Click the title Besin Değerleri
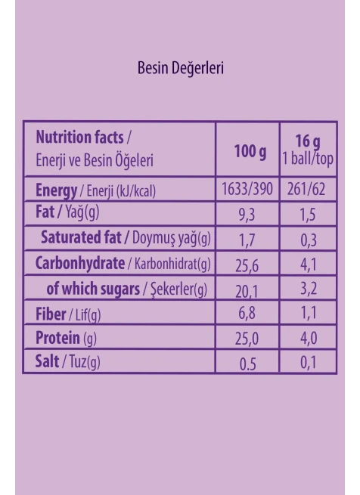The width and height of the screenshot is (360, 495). click(181, 68)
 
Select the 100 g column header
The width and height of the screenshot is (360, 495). click(250, 152)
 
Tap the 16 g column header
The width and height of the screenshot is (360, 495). click(308, 141)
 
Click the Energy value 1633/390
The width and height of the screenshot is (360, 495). click(247, 189)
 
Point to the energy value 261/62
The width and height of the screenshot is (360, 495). click(306, 189)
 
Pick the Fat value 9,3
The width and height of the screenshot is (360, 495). click(247, 215)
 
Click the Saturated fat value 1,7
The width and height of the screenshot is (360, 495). click(247, 240)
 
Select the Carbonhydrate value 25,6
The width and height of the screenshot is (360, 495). click(247, 265)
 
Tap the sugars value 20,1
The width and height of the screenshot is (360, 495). click(247, 291)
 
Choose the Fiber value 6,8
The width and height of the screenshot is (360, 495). click(247, 313)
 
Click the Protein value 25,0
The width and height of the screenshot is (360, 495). click(247, 339)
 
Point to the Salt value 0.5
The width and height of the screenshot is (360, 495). click(247, 364)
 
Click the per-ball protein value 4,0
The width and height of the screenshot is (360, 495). click(309, 339)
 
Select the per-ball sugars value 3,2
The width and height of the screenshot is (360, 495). click(309, 289)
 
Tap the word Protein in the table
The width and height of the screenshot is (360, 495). click(57, 338)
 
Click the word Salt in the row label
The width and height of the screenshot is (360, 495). click(47, 361)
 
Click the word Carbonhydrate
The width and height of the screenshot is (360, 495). click(80, 264)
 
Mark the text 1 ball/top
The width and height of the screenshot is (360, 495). click(308, 159)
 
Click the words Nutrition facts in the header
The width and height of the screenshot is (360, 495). click(79, 138)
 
